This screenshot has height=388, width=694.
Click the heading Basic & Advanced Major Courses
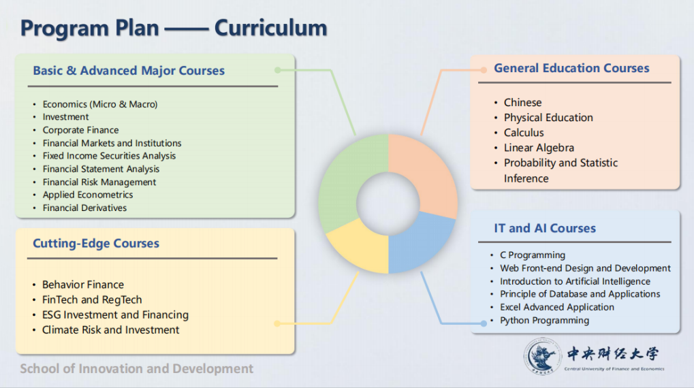[x=129, y=71]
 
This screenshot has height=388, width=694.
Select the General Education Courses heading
[x=571, y=68]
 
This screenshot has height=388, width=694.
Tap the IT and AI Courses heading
[x=545, y=228]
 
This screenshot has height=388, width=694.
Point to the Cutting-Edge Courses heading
[x=96, y=244]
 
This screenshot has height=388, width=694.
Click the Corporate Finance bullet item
[x=80, y=130]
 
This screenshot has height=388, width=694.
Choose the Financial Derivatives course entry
[x=84, y=208]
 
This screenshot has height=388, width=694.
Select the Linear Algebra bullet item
[x=539, y=148]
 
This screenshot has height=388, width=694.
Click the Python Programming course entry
[x=544, y=321]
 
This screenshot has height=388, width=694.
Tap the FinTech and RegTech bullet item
[x=92, y=300]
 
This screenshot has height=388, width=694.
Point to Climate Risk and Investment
[x=110, y=329]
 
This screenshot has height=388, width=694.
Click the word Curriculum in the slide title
[x=270, y=29]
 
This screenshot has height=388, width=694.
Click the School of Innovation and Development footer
[x=136, y=369]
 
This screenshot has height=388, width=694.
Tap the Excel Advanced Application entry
[x=556, y=308]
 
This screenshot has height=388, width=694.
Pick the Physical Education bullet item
[x=548, y=118]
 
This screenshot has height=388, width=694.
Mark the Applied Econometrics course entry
[x=88, y=195]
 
